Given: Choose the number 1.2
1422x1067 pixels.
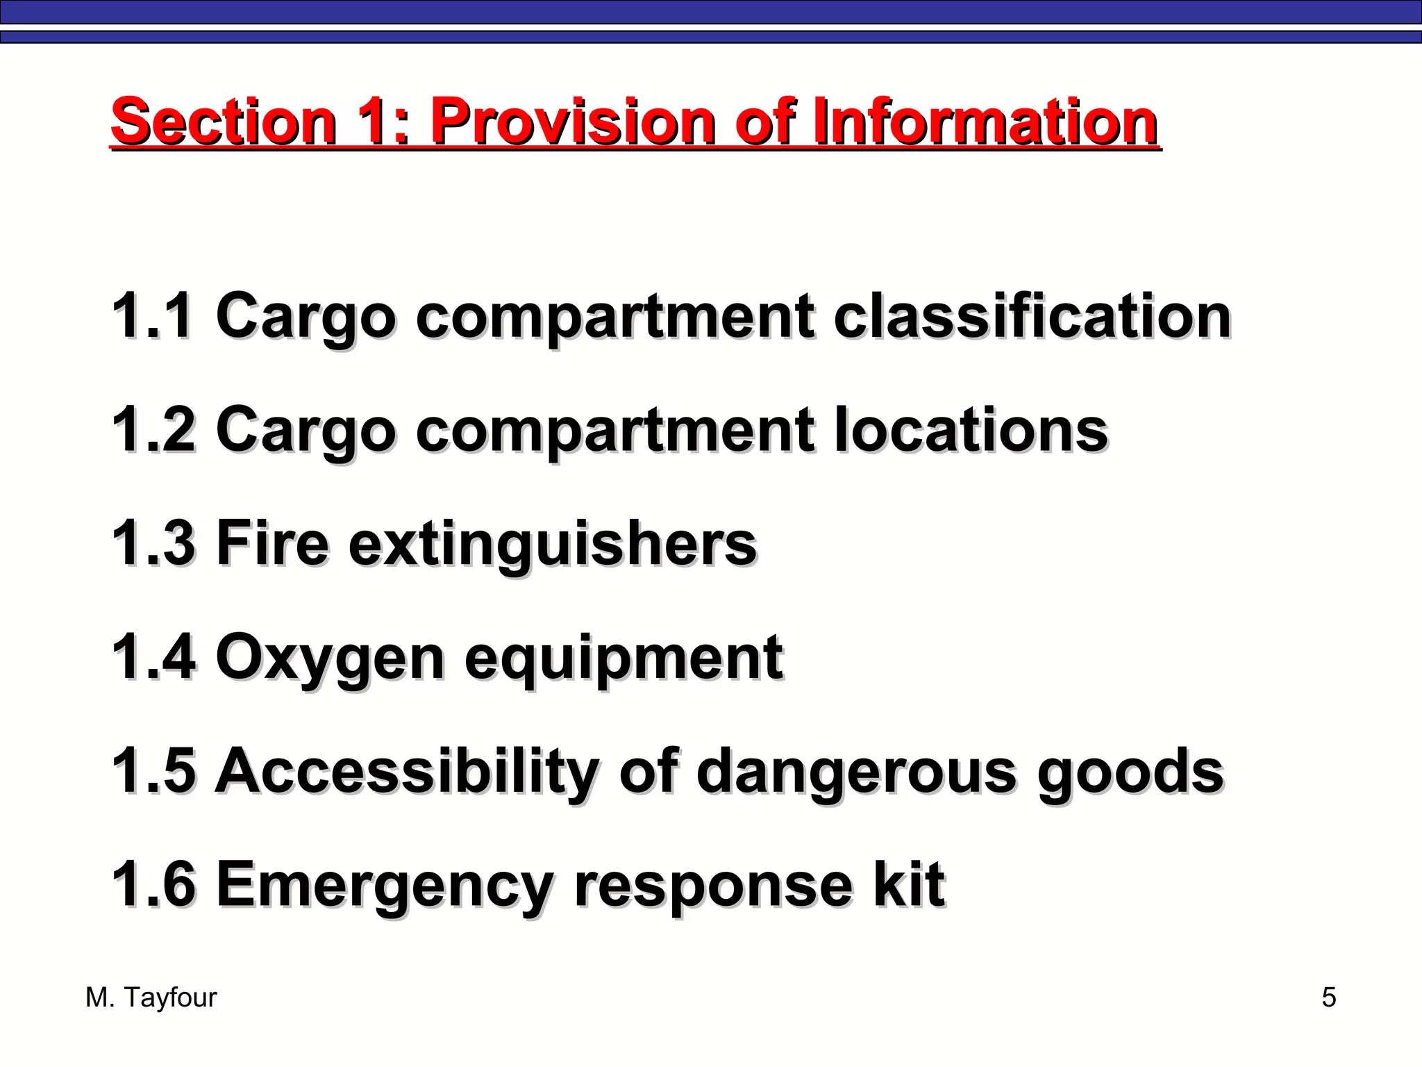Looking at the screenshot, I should click(x=153, y=429).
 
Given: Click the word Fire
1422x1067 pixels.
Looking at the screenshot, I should click(x=272, y=543).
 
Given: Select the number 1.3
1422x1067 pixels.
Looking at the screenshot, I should click(x=153, y=543).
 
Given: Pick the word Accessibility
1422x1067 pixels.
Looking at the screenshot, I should click(x=407, y=771).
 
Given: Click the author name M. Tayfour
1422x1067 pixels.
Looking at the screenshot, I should click(x=151, y=998).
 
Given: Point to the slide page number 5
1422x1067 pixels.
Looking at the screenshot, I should click(x=1328, y=998).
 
